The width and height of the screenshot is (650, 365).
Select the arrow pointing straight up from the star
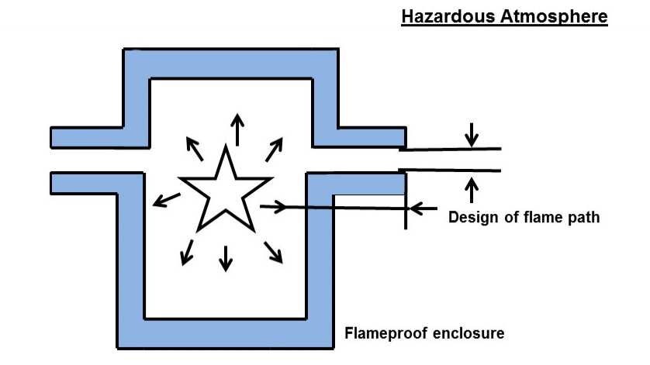(x=237, y=129)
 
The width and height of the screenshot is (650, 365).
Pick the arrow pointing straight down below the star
(x=226, y=257)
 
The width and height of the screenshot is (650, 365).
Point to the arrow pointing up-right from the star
(x=275, y=147)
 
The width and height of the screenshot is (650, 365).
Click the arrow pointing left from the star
(x=163, y=201)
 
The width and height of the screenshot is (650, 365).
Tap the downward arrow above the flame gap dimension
(x=472, y=135)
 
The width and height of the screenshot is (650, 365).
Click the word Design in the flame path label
(x=474, y=218)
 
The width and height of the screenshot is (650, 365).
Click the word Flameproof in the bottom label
(x=381, y=334)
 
